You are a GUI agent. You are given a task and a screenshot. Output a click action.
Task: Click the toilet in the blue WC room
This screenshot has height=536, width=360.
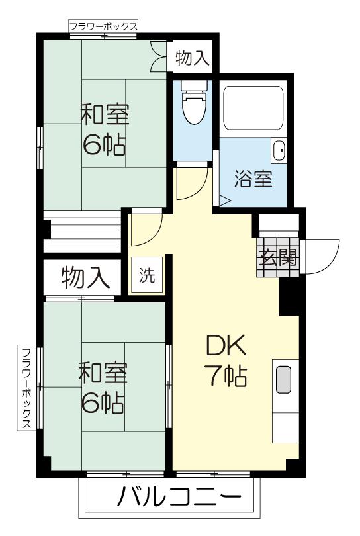(x=194, y=103)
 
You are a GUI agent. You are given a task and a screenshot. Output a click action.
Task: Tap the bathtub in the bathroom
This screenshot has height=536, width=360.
(x=253, y=108)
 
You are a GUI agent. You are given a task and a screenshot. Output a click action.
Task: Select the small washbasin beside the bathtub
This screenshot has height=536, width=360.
(x=279, y=150)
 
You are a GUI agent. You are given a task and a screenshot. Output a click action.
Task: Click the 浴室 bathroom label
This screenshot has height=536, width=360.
(x=253, y=179)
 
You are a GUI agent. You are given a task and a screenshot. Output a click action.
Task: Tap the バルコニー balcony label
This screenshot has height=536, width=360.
(x=179, y=496)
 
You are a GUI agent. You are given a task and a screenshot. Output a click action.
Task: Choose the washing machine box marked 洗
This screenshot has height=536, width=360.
(x=147, y=275)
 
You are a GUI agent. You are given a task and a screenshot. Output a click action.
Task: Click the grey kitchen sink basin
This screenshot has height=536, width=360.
(x=283, y=379)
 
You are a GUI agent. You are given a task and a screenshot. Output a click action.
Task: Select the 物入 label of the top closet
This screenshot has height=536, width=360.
(x=192, y=57)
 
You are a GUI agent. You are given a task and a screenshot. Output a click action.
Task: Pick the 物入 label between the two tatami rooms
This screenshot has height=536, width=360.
(x=85, y=277)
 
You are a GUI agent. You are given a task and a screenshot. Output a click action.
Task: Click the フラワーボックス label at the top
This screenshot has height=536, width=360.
(x=104, y=26)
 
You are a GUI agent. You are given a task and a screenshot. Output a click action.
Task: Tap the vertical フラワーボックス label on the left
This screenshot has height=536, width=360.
(x=26, y=388)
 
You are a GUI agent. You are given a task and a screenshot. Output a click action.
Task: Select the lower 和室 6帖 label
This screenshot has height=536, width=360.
(x=103, y=388)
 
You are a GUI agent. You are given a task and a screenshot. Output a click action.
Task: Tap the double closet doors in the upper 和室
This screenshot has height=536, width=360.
(x=158, y=56)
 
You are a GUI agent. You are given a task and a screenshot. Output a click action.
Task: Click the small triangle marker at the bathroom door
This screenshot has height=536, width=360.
(x=224, y=201)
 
